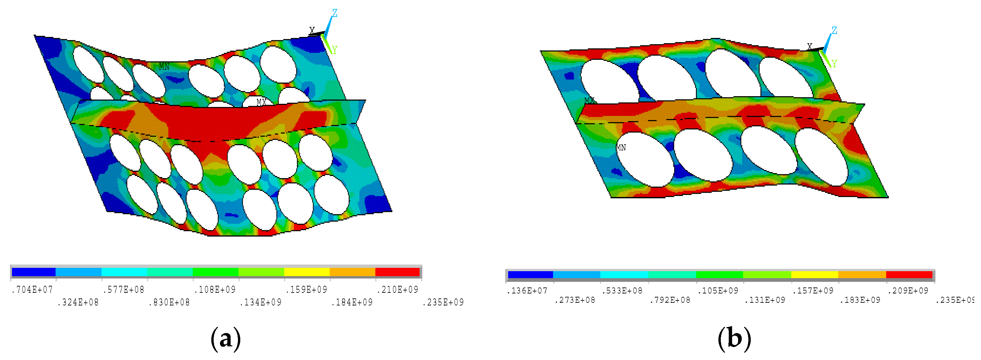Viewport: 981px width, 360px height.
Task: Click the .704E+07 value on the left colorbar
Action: [32, 290]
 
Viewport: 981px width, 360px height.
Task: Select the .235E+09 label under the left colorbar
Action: [443, 302]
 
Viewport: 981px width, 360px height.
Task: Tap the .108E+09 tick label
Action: [215, 290]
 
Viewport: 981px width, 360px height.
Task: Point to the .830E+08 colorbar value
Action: [169, 302]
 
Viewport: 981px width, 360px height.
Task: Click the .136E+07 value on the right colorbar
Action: [527, 291]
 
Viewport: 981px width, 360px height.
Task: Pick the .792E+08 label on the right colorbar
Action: [670, 300]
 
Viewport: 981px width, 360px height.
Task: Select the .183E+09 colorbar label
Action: [861, 300]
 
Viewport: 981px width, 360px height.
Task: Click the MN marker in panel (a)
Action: [164, 67]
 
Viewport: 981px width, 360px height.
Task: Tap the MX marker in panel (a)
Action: [261, 102]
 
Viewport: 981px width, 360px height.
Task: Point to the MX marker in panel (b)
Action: [590, 100]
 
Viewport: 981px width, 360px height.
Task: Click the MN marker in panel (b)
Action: [621, 147]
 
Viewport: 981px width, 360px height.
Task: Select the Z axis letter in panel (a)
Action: [334, 13]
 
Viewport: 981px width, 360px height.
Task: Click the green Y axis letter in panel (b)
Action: [834, 64]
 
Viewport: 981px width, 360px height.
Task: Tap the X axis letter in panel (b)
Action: [810, 47]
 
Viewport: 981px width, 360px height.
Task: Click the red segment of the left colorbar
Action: [398, 272]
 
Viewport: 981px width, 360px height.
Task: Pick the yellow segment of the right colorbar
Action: [815, 275]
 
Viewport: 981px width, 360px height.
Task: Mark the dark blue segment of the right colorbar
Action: [530, 275]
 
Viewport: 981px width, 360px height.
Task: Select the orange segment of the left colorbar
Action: [353, 272]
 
